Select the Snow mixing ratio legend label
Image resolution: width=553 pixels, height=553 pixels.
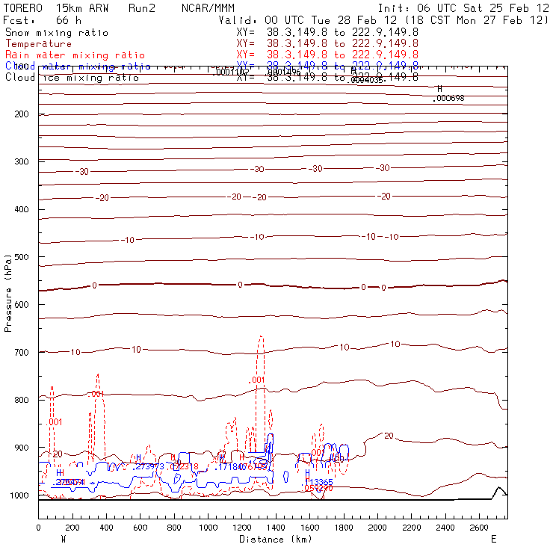tap(56, 33)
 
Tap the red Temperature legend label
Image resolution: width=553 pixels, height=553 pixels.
tap(38, 44)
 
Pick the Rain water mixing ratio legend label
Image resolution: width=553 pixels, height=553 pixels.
tap(65, 55)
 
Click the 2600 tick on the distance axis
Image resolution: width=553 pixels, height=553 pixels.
tap(480, 528)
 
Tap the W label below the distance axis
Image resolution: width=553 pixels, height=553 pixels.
tap(64, 539)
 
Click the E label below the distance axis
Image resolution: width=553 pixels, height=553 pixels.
tap(492, 539)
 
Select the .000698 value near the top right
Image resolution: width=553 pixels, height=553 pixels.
tap(450, 98)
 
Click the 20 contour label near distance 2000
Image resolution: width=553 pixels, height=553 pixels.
tap(389, 435)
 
